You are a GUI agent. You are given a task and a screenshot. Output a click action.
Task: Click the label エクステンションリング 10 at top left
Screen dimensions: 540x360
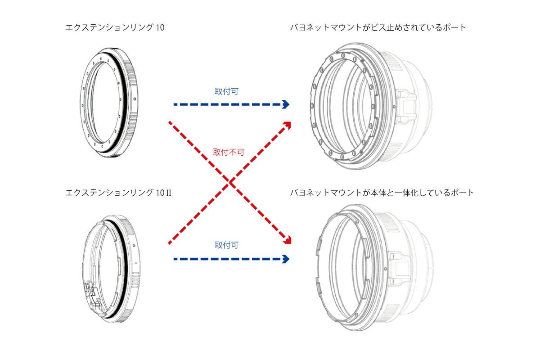point(115,27)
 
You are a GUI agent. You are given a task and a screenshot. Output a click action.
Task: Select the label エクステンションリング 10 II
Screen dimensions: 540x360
point(118,193)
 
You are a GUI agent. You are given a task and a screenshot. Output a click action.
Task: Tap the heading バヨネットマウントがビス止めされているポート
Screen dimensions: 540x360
point(378,27)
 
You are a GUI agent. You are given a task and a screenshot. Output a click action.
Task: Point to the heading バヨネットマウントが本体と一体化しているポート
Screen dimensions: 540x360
point(382,193)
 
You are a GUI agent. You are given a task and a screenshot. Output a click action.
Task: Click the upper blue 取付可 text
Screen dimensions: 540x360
point(226,91)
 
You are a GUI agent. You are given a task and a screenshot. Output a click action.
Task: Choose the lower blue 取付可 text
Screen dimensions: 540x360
point(226,245)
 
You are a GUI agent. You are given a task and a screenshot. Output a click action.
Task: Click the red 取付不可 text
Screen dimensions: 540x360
point(229,152)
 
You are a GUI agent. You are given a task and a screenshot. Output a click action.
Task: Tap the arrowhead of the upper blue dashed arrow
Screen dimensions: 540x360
point(285,104)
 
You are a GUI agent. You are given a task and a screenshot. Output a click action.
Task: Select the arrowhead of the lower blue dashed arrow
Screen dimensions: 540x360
point(285,259)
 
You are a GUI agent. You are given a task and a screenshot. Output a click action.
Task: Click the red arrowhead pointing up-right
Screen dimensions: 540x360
point(288,125)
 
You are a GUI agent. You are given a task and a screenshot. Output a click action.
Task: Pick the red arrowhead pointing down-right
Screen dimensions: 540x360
point(288,240)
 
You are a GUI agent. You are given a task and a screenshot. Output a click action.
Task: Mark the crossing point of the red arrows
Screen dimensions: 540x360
point(229,183)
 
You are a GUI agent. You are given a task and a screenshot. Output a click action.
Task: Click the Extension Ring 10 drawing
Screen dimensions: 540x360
point(109,103)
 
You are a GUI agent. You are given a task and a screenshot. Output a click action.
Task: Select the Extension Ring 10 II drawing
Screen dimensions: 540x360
point(111,269)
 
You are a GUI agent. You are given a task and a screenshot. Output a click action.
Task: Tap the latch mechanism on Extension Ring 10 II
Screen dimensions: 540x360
point(92,295)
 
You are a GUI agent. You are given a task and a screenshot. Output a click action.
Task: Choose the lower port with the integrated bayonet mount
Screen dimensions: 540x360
point(374,267)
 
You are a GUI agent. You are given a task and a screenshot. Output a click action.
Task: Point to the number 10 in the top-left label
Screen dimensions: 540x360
point(160,27)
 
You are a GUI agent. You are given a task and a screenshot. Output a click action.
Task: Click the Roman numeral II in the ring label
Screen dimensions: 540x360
point(168,193)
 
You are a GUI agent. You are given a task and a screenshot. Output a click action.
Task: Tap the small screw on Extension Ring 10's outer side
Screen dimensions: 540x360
point(135,99)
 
